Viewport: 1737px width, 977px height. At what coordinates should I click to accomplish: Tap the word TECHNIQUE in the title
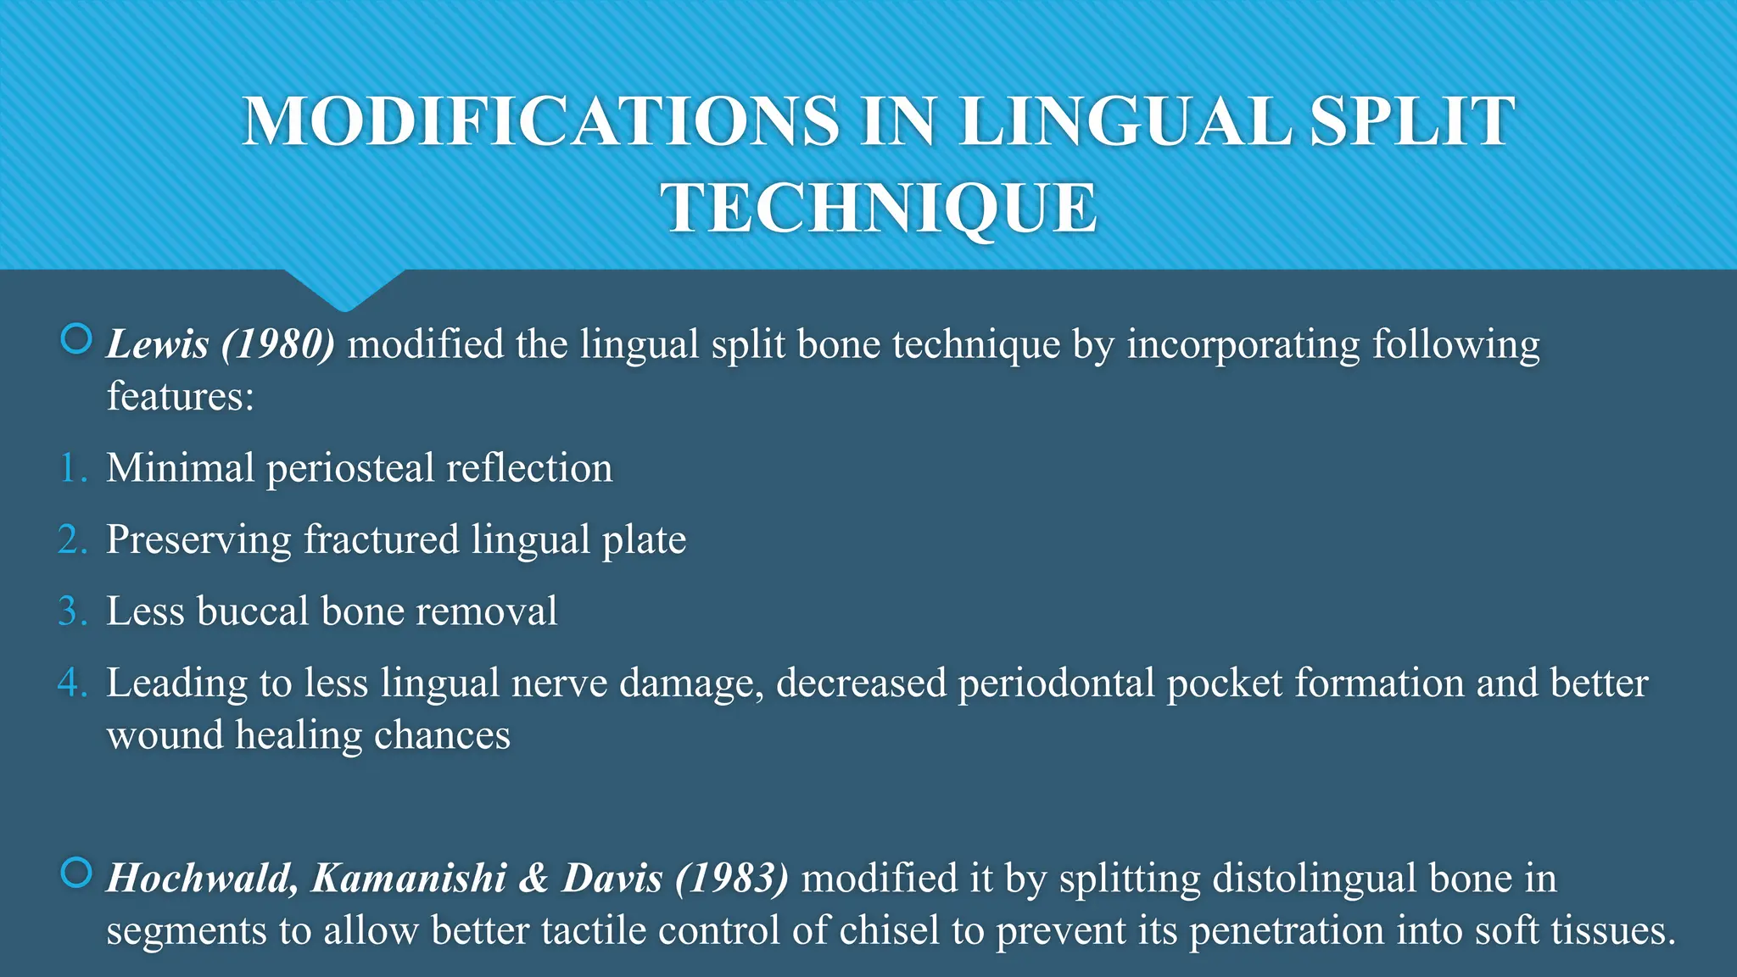pos(879,209)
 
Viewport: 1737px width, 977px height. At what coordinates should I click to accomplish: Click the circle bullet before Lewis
pos(76,340)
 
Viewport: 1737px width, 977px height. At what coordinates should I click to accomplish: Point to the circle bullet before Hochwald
pos(76,873)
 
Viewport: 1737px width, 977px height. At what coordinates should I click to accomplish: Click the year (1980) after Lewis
pos(278,344)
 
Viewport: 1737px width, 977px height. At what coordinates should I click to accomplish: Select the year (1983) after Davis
pos(732,879)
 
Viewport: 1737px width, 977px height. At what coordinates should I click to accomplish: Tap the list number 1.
pos(73,468)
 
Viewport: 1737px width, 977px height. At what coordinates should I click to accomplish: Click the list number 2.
pos(73,540)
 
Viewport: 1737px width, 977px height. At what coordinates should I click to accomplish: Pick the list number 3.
pos(73,611)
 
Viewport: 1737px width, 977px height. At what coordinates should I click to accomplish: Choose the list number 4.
pos(73,683)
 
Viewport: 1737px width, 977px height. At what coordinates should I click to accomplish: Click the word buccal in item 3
pos(252,611)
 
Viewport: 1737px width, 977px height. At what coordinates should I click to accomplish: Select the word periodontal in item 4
pos(1056,684)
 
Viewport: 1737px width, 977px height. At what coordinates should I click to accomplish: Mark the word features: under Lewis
pos(180,396)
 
